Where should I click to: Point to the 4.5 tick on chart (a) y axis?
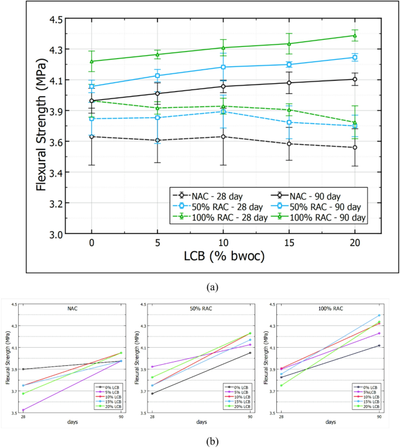tap(55, 19)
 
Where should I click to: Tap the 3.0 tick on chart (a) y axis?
tap(55, 234)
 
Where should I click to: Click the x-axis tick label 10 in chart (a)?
tap(223, 242)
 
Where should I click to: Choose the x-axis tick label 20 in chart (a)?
tap(355, 242)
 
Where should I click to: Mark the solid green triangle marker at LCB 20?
tap(355, 35)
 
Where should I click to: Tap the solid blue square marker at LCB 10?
tap(223, 67)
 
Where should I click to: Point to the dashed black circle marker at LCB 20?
tap(355, 147)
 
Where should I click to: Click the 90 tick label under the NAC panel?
tap(121, 417)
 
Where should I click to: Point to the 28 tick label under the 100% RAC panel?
tap(281, 417)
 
